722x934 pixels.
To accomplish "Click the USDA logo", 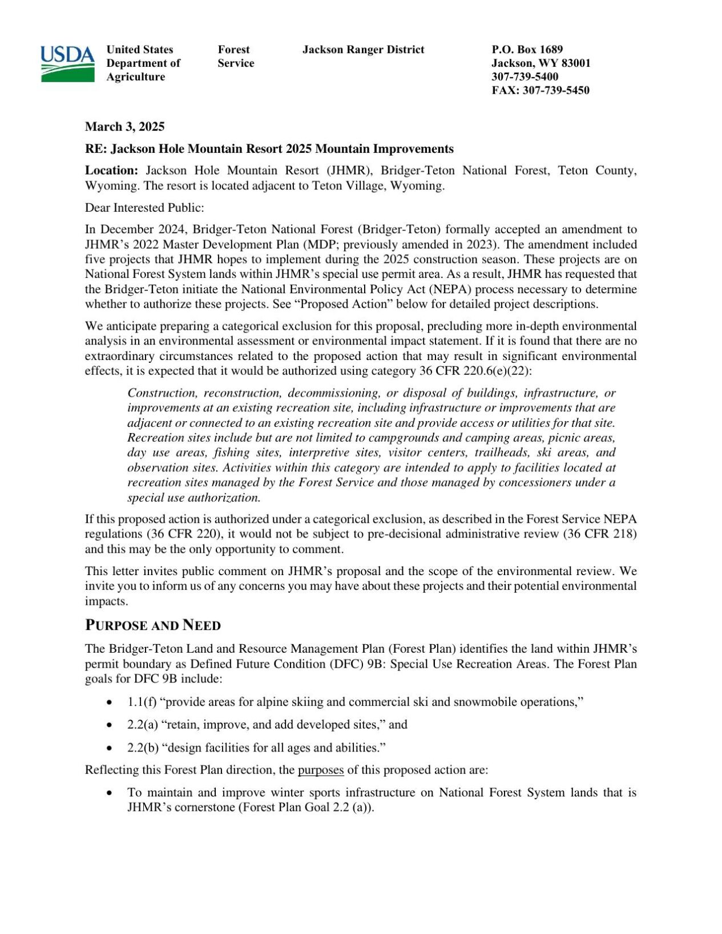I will click(67, 63).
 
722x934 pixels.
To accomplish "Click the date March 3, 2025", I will click(124, 127).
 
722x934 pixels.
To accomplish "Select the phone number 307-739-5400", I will click(525, 76).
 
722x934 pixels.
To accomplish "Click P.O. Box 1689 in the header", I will click(527, 50).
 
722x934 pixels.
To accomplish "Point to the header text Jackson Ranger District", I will click(363, 50).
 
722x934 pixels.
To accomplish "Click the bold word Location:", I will click(111, 171).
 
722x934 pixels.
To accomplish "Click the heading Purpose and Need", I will click(152, 625).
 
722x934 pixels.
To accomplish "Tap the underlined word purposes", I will click(320, 770).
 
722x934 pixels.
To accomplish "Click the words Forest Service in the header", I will click(235, 56).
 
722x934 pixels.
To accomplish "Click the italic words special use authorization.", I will click(193, 498).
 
